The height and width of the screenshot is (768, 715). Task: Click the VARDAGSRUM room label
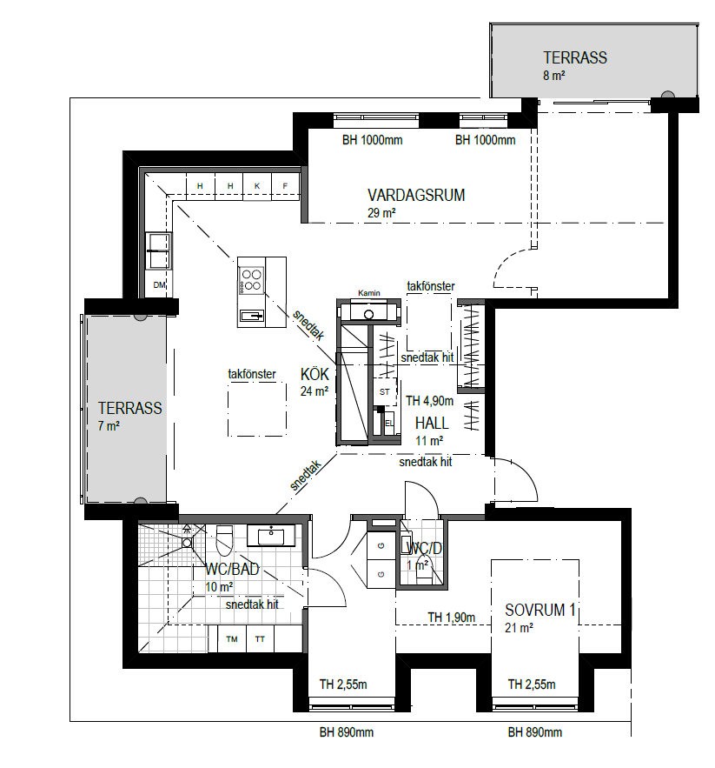pyautogui.click(x=416, y=195)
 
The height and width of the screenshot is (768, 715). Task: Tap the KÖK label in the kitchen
pyautogui.click(x=314, y=374)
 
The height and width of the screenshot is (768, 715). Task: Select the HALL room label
pyautogui.click(x=432, y=423)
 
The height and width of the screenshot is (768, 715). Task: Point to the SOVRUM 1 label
pyautogui.click(x=540, y=610)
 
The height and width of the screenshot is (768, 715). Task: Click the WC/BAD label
pyautogui.click(x=232, y=569)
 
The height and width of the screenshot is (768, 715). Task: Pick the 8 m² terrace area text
pyautogui.click(x=554, y=76)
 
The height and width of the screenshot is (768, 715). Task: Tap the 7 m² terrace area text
pyautogui.click(x=109, y=426)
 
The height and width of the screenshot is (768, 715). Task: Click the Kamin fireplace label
pyautogui.click(x=369, y=293)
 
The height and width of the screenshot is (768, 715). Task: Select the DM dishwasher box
pyautogui.click(x=159, y=284)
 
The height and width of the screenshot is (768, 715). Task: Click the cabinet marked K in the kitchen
pyautogui.click(x=257, y=186)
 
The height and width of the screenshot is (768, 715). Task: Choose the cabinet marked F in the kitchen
pyautogui.click(x=285, y=186)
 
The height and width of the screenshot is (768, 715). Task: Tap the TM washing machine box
pyautogui.click(x=232, y=638)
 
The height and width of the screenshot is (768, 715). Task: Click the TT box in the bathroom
pyautogui.click(x=260, y=638)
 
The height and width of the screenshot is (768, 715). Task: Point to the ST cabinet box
pyautogui.click(x=385, y=392)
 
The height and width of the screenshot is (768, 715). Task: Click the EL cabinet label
pyautogui.click(x=389, y=423)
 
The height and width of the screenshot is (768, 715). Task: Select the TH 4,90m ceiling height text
pyautogui.click(x=430, y=401)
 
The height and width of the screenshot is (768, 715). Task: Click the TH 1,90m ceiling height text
pyautogui.click(x=451, y=618)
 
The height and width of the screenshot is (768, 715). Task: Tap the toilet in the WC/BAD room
pyautogui.click(x=225, y=540)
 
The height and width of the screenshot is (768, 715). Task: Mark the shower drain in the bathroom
pyautogui.click(x=187, y=542)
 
